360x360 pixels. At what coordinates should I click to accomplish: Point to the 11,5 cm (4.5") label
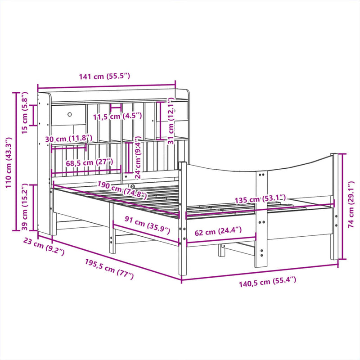[x=117, y=116]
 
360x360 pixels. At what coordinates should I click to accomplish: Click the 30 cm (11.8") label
[x=69, y=139]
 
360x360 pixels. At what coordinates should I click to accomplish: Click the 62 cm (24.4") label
[x=218, y=232]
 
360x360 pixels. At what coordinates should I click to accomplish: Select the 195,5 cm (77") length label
[x=109, y=269]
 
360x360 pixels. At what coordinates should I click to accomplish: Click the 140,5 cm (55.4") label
[x=267, y=281]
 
